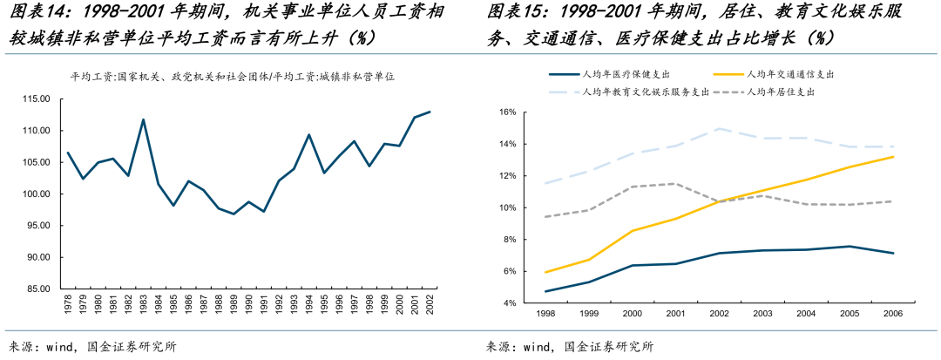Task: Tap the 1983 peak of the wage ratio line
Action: pyautogui.click(x=143, y=119)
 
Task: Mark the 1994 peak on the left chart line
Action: pyautogui.click(x=309, y=135)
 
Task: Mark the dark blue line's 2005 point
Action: pyautogui.click(x=850, y=247)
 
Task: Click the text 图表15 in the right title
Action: pyautogui.click(x=512, y=13)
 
